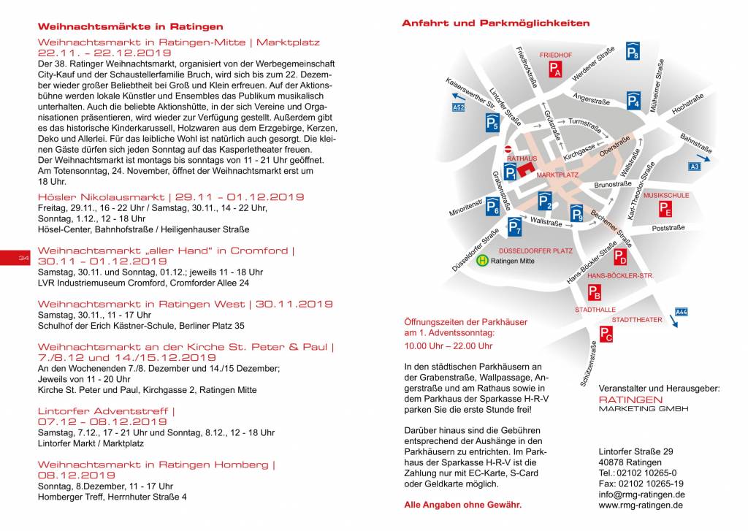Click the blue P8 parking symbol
[x=633, y=52]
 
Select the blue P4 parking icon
[x=633, y=101]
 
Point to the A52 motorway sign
[x=458, y=107]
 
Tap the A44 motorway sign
[x=681, y=312]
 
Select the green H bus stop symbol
[x=482, y=259]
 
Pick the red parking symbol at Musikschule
[x=665, y=209]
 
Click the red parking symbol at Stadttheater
[x=606, y=334]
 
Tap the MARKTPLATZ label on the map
[x=557, y=175]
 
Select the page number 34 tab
[x=23, y=259]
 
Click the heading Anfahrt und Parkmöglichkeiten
[x=495, y=23]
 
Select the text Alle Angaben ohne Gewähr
[x=462, y=505]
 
